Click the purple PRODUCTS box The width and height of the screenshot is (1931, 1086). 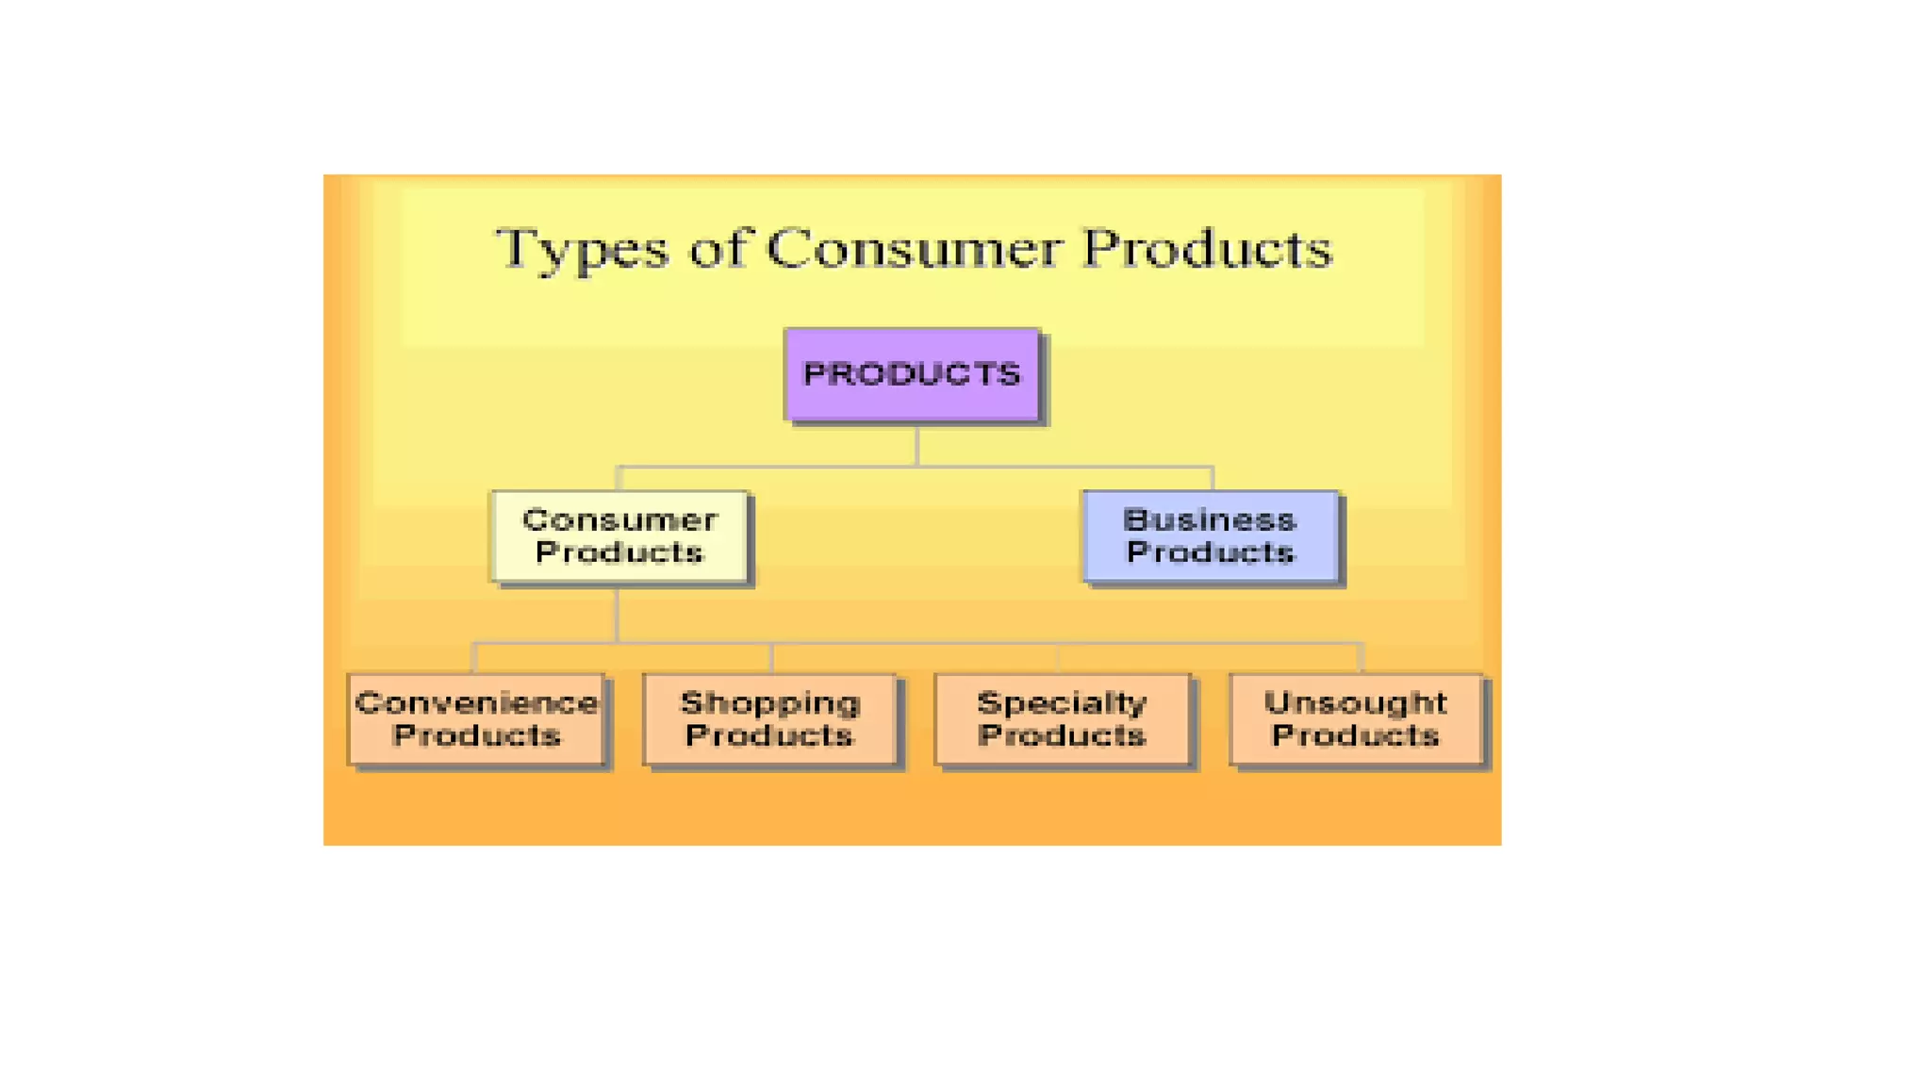point(912,374)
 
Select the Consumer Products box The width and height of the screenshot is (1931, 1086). point(619,535)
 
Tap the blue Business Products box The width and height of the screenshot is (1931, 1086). point(1211,535)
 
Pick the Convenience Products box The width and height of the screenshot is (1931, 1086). point(476,718)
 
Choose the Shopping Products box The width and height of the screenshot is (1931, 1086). point(769,718)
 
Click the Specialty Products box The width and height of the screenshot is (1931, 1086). point(1062,718)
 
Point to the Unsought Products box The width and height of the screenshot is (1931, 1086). point(1356,718)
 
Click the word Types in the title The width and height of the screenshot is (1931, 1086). point(582,250)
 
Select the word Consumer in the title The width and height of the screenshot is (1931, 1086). point(913,248)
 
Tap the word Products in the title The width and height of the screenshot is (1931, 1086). point(1207,248)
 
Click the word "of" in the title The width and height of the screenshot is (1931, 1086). point(718,248)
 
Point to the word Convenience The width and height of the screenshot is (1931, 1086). point(476,703)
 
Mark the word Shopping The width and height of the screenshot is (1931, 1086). point(770,703)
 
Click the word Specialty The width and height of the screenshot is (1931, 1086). point(1062,703)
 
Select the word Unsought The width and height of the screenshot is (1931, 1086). point(1355,703)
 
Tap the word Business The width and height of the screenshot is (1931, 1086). point(1210,519)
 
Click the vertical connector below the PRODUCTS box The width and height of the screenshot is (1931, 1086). point(916,445)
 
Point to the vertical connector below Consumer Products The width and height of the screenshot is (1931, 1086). point(618,615)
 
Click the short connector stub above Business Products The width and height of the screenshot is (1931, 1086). point(1212,478)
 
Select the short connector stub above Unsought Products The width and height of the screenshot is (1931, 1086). point(1361,658)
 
